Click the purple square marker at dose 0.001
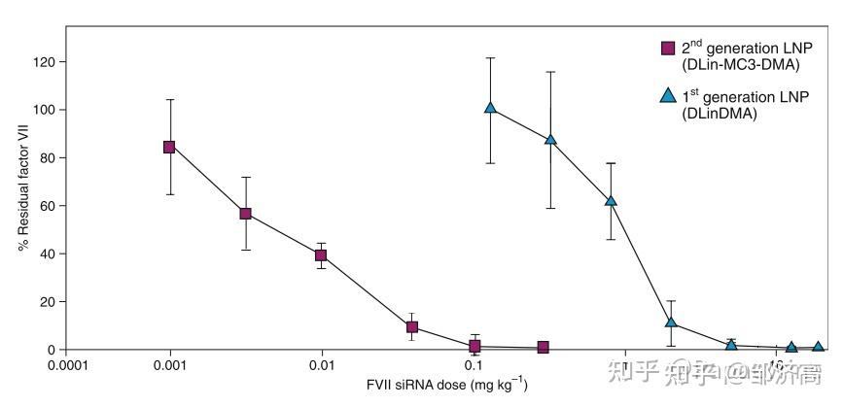169,147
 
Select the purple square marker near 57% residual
246,214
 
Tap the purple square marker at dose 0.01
321,255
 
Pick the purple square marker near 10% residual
412,327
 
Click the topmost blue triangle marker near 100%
491,108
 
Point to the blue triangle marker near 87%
550,139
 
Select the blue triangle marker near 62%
611,201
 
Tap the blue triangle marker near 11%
671,322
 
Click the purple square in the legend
668,48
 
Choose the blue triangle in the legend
668,95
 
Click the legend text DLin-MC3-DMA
740,64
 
